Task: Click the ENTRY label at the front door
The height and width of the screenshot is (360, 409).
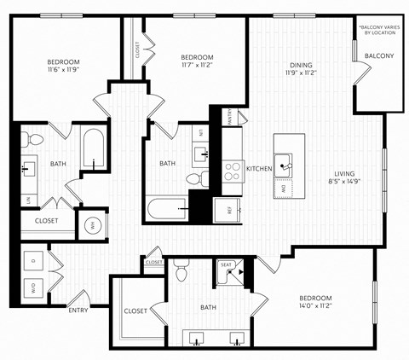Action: point(78,311)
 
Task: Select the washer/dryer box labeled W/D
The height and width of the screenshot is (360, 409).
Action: point(33,287)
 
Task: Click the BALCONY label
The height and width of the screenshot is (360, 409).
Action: point(379,56)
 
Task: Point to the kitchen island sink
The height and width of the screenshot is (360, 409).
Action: point(287,159)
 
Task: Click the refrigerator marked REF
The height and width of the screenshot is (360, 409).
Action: point(228,207)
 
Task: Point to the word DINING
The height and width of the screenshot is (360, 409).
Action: point(300,64)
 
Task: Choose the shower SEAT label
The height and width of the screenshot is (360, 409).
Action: point(227,265)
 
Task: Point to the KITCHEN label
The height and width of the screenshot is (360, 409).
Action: point(259,170)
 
